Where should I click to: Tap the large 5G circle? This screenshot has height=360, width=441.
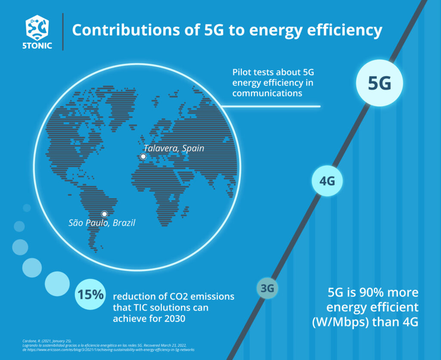[x=379, y=83]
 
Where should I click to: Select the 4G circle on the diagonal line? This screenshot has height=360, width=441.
[x=327, y=181]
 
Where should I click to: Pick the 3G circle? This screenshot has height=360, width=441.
[x=267, y=289]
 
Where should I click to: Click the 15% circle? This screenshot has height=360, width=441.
[x=90, y=295]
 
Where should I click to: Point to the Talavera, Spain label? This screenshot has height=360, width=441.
[x=174, y=148]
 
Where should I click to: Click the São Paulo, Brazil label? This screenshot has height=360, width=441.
[x=102, y=223]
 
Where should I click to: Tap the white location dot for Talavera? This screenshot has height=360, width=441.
[x=143, y=157]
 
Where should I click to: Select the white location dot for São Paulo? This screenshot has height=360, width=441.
[x=104, y=214]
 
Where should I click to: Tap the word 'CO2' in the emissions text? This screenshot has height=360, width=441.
[x=177, y=297]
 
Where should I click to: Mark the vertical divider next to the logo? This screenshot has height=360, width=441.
[x=63, y=31]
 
